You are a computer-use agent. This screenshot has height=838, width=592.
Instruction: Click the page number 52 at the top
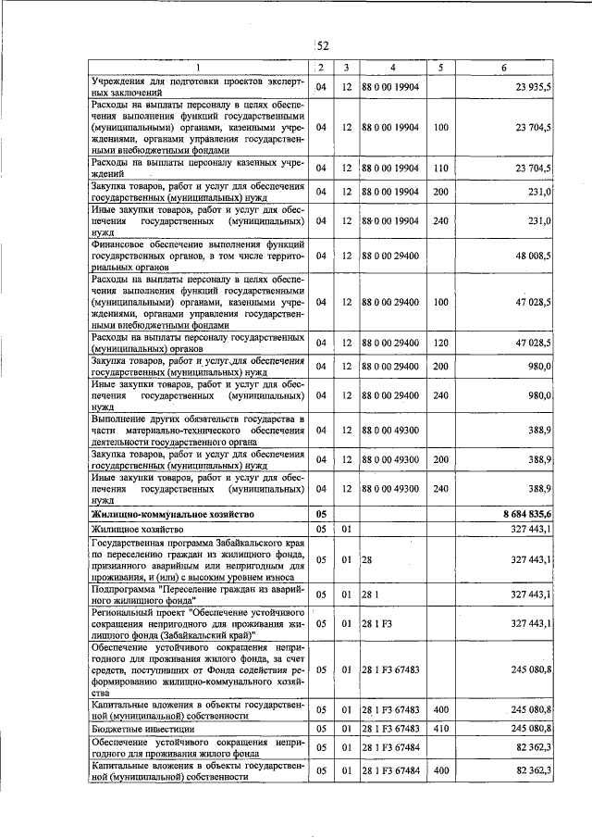pyautogui.click(x=323, y=47)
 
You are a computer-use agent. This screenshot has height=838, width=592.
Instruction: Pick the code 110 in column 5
pyautogui.click(x=440, y=168)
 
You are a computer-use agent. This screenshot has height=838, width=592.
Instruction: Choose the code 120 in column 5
pyautogui.click(x=440, y=343)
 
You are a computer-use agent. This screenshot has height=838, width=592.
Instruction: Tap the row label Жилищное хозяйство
pyautogui.click(x=130, y=528)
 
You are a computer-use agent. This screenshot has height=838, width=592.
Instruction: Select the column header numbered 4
pyautogui.click(x=392, y=68)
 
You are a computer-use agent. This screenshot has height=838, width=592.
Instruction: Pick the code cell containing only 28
pyautogui.click(x=366, y=560)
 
